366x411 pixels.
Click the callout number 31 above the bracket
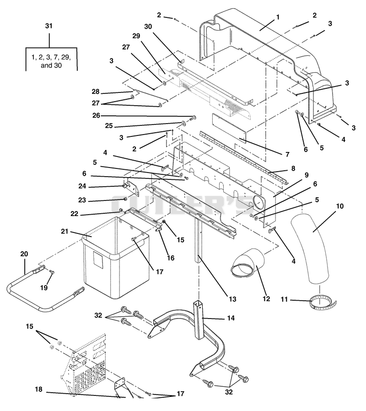coord(49,26)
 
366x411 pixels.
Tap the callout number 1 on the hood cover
coord(278,17)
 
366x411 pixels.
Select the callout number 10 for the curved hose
coord(339,206)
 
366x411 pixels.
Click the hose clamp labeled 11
coord(323,302)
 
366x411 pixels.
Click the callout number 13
coord(232,299)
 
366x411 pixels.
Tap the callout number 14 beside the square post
coord(231,318)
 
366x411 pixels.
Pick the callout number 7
coord(287,154)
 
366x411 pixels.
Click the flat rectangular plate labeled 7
coord(229,129)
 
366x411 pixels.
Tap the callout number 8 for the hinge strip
coord(293,168)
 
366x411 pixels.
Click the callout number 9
coord(307,175)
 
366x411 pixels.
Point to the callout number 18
coord(38,389)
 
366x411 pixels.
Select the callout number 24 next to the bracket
coord(82,186)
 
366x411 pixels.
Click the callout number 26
coord(96,115)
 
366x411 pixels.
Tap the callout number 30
coord(148,27)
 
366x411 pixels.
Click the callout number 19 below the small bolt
coord(44,287)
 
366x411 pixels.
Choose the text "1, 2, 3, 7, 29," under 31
coord(51,57)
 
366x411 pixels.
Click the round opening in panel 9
coord(259,203)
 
